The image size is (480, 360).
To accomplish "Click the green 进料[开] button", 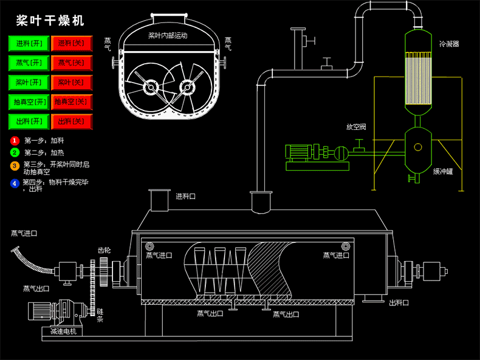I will coord(29,44).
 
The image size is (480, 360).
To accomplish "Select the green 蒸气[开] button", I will coord(29,63).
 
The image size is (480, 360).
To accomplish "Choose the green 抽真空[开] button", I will coord(29,102).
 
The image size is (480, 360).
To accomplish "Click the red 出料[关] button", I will coord(71,121).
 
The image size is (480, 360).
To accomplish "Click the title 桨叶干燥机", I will coord(50,21).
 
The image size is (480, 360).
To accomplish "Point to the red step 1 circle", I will coord(15,140).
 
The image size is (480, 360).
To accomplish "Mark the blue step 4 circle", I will coord(15,183).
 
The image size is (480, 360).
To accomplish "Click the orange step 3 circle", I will coord(15,165).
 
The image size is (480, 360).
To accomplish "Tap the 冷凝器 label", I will coord(448,44).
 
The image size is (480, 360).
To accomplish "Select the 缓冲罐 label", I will coord(442,172).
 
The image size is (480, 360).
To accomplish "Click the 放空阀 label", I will coord(355,127).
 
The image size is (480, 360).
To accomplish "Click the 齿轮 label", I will coord(104,250).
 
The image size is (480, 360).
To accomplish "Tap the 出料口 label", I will coord(399,302).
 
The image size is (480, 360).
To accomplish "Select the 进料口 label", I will coord(185,196).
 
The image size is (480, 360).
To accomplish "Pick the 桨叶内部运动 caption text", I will coord(168,36).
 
